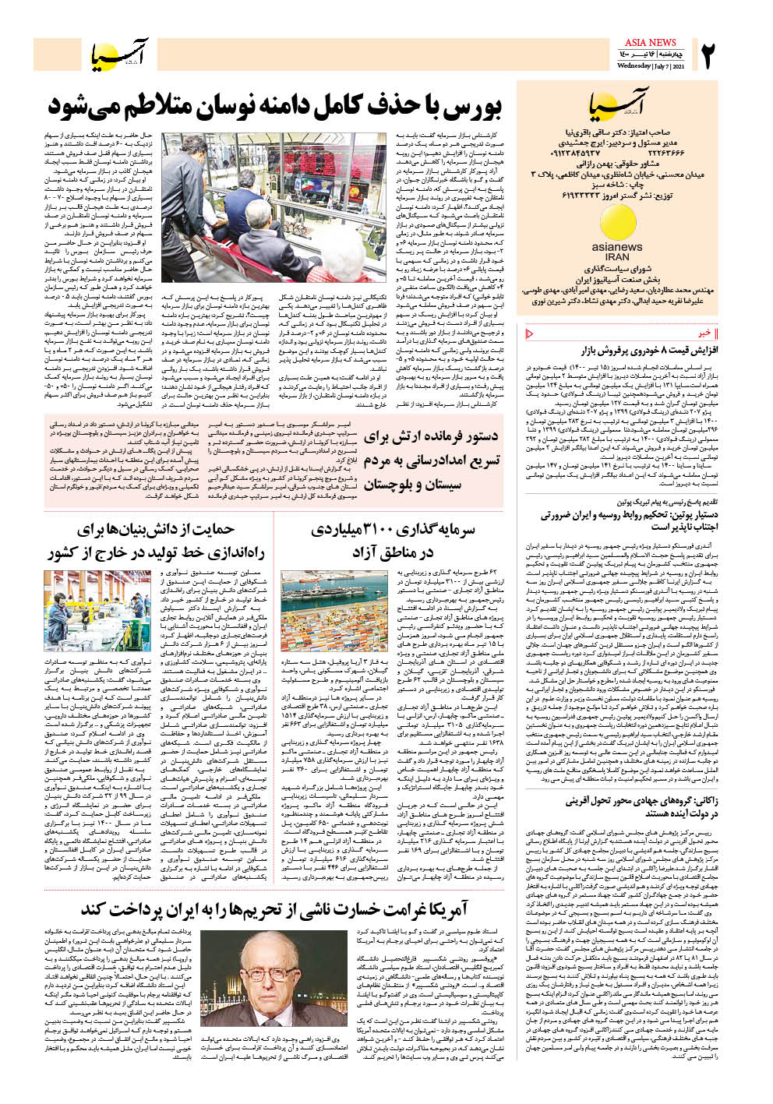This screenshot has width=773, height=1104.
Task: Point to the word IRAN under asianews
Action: coord(617,256)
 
